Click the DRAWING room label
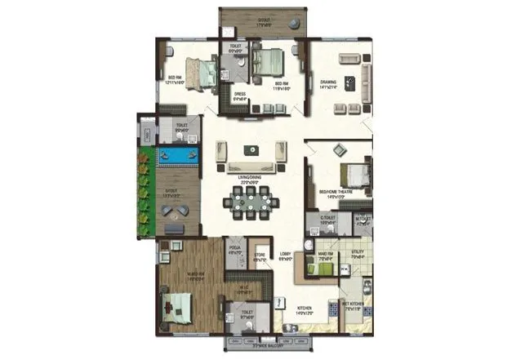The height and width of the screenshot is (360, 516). [x=329, y=83]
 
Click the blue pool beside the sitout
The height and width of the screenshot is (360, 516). [x=179, y=155]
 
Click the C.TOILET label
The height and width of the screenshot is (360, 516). [x=327, y=218]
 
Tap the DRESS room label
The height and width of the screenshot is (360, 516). [x=240, y=95]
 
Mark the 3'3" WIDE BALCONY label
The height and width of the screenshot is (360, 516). [x=271, y=345]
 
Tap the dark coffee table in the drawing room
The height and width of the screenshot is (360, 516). [x=350, y=82]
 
